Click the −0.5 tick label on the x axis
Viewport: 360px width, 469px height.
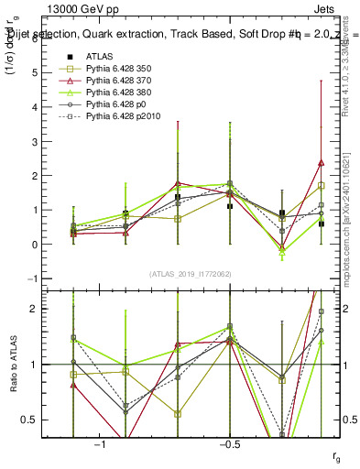click(228, 444)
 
